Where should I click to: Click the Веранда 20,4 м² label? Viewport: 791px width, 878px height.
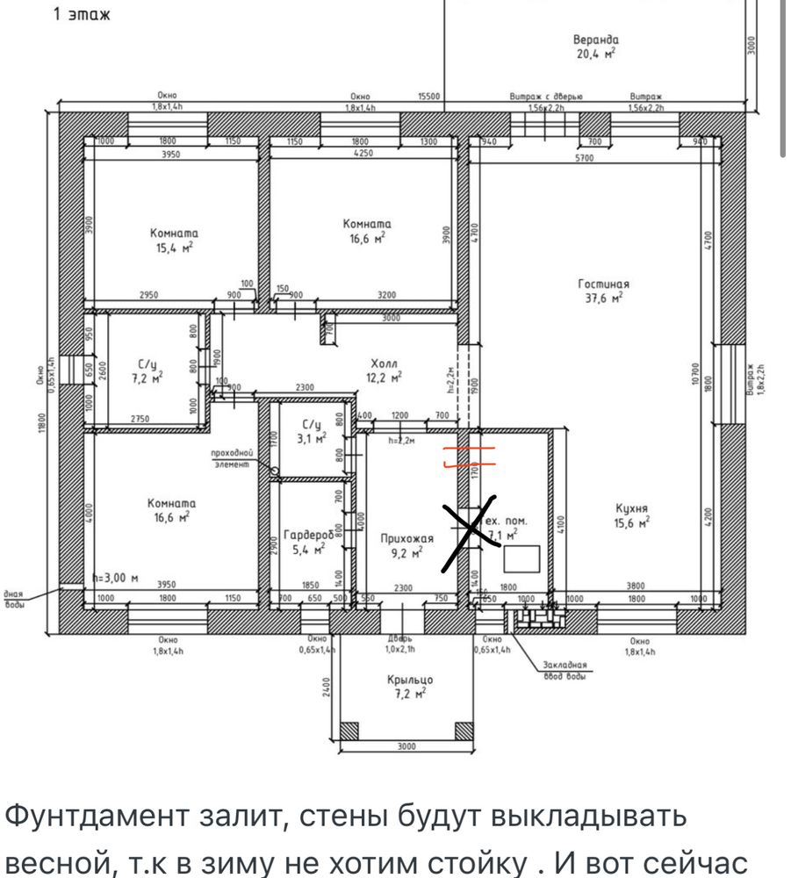[x=596, y=47]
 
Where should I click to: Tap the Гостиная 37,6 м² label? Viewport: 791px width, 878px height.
[x=603, y=291]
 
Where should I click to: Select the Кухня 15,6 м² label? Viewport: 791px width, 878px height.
[x=631, y=515]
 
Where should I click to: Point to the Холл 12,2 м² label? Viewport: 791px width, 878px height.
[x=385, y=370]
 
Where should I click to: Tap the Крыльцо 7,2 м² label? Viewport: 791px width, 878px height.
[x=410, y=686]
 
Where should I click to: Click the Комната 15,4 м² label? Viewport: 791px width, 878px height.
[x=174, y=241]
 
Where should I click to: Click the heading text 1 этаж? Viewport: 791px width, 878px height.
[x=82, y=15]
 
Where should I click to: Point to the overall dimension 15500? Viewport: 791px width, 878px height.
[x=428, y=97]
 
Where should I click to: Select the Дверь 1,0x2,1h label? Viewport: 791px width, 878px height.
[x=400, y=644]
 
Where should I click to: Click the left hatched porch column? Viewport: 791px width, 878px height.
[x=349, y=730]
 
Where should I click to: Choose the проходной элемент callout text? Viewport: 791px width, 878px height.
[x=233, y=457]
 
